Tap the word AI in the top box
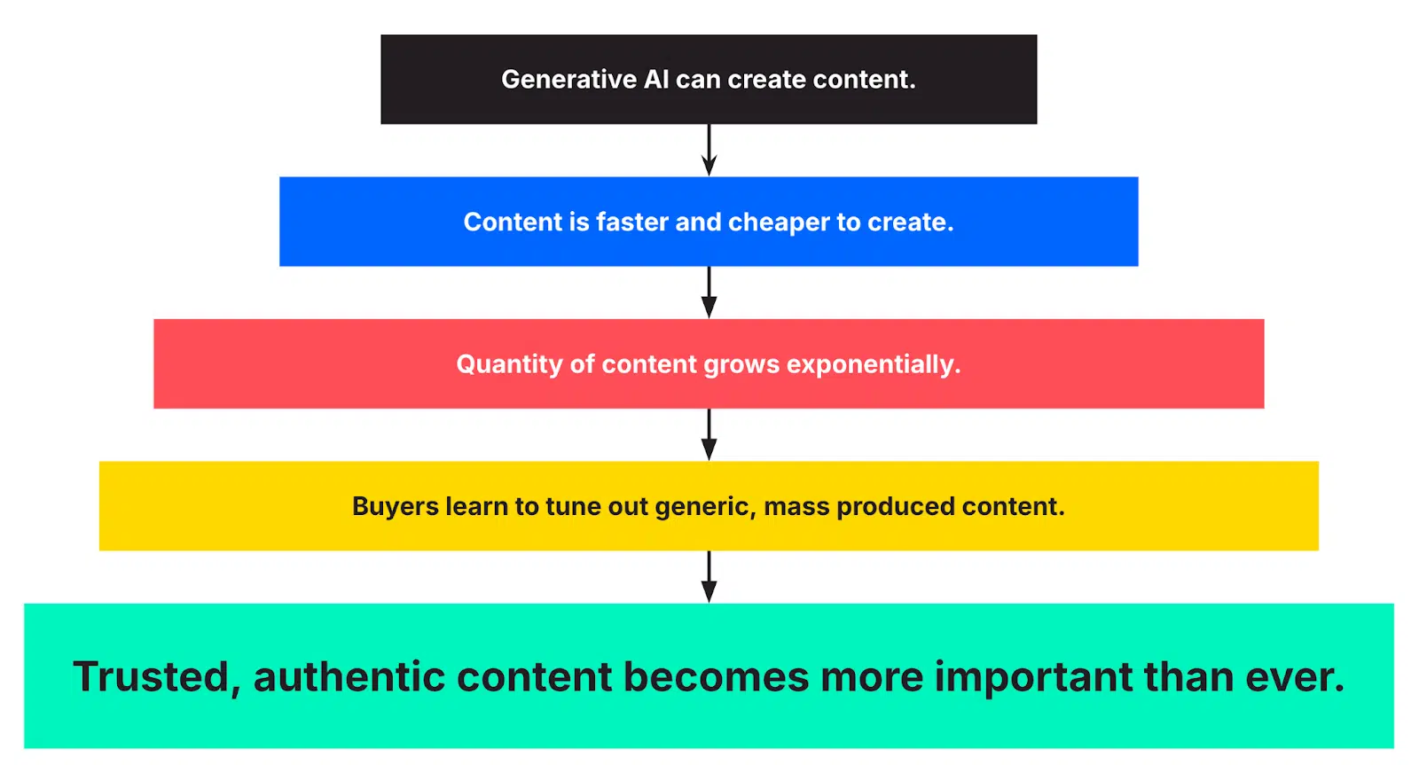(x=656, y=80)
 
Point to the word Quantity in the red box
(x=509, y=364)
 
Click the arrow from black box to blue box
(x=709, y=150)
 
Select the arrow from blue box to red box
(x=709, y=293)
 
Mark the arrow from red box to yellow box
(x=709, y=434)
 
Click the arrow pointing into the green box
(x=709, y=577)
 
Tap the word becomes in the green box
(x=716, y=677)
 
